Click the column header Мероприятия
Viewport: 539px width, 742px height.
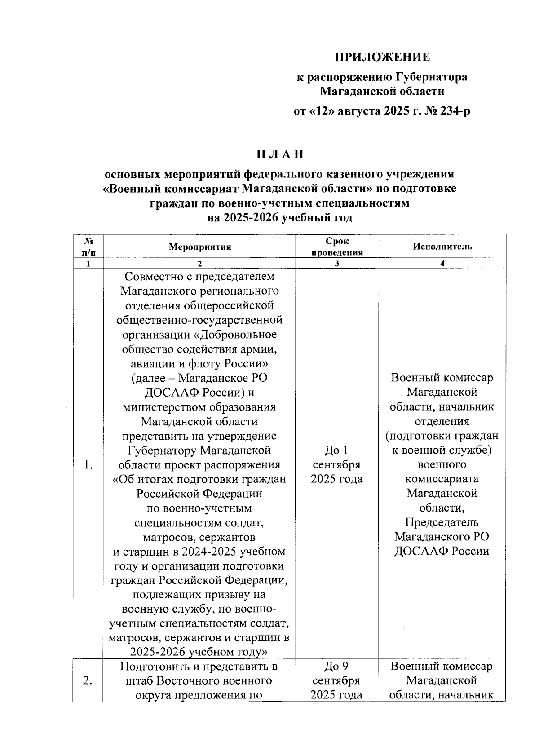199,247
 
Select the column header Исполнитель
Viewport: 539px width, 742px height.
442,246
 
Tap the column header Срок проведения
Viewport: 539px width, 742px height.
337,247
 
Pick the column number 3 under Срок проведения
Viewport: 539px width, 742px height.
337,263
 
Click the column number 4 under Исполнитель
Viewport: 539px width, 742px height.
442,263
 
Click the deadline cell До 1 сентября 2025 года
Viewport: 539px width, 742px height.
337,465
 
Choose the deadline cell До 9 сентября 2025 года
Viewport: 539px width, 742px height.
337,681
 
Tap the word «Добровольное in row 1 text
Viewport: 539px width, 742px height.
237,335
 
